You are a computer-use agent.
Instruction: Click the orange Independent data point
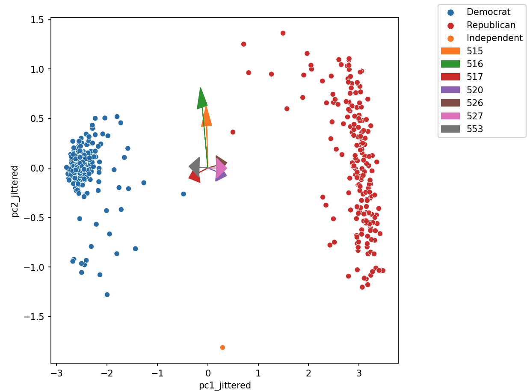click(222, 347)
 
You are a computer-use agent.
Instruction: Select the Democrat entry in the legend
click(488, 12)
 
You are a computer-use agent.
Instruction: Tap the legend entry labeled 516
click(474, 64)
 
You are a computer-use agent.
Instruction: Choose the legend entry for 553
click(474, 129)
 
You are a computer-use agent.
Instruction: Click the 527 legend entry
click(474, 116)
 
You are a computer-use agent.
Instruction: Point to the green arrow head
click(201, 98)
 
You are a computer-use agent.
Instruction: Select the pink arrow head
click(221, 169)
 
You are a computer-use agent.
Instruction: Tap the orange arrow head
click(207, 116)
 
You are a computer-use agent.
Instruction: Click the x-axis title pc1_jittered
click(225, 385)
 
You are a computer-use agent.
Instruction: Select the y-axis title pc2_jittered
click(15, 191)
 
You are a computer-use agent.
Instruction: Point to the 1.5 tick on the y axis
click(39, 19)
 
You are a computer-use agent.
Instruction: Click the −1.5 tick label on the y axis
click(36, 317)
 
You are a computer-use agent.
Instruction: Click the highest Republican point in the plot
click(283, 33)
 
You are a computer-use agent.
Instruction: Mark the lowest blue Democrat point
click(107, 294)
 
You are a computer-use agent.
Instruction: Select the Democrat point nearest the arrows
click(184, 194)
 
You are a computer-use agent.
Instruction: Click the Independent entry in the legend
click(494, 38)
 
